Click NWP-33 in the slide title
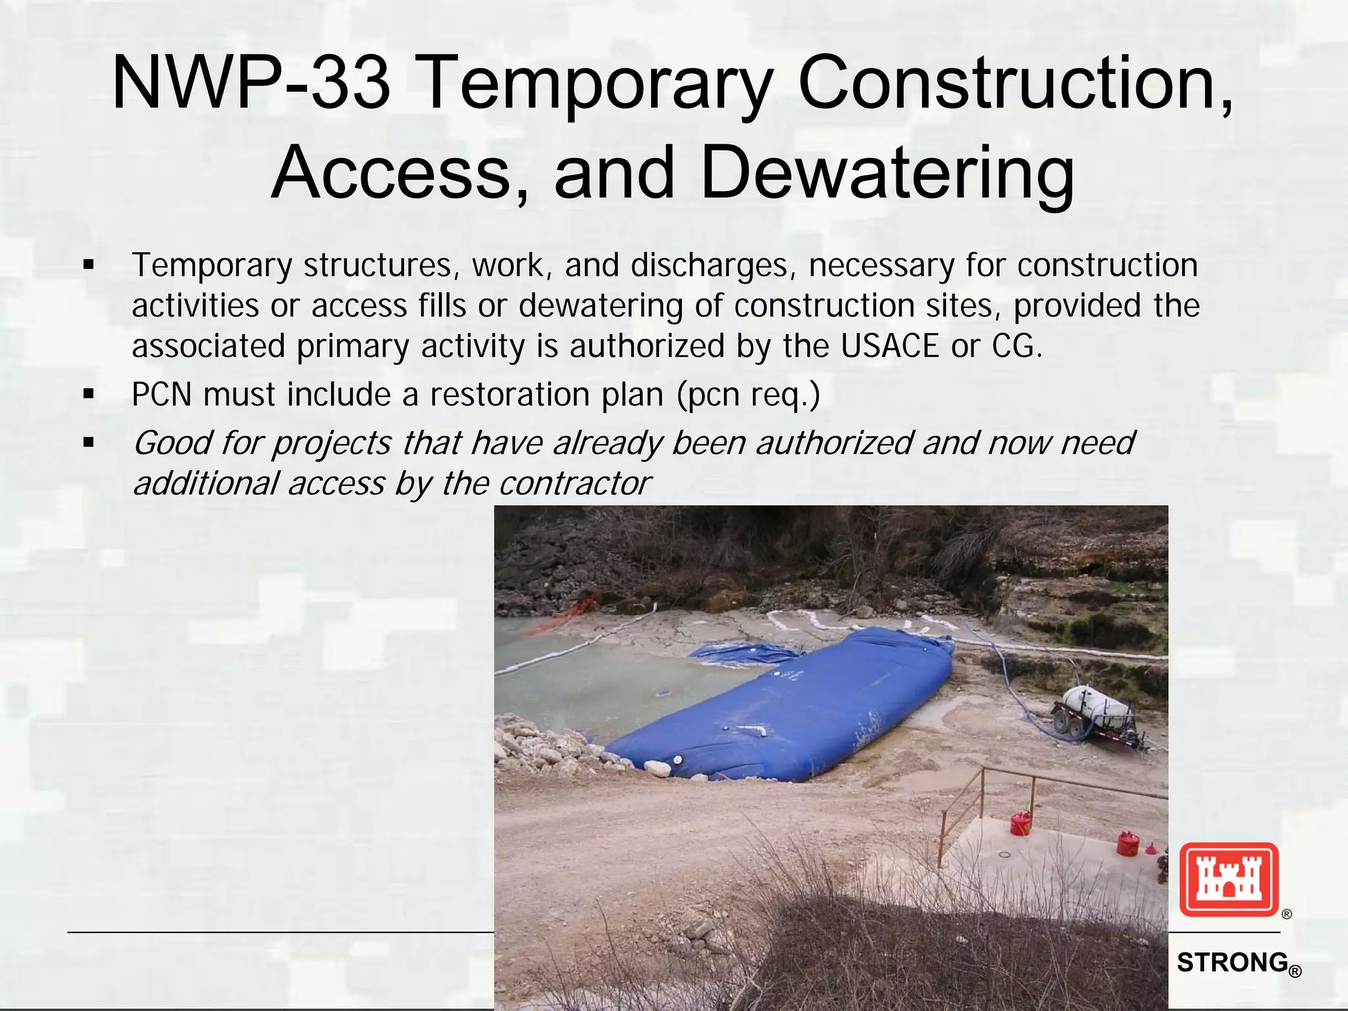(x=251, y=84)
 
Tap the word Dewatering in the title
(x=887, y=172)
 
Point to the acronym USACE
(x=889, y=346)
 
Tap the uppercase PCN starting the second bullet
(x=161, y=395)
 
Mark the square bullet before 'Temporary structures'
(x=89, y=267)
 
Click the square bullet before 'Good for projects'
(x=89, y=444)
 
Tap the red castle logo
(x=1228, y=880)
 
